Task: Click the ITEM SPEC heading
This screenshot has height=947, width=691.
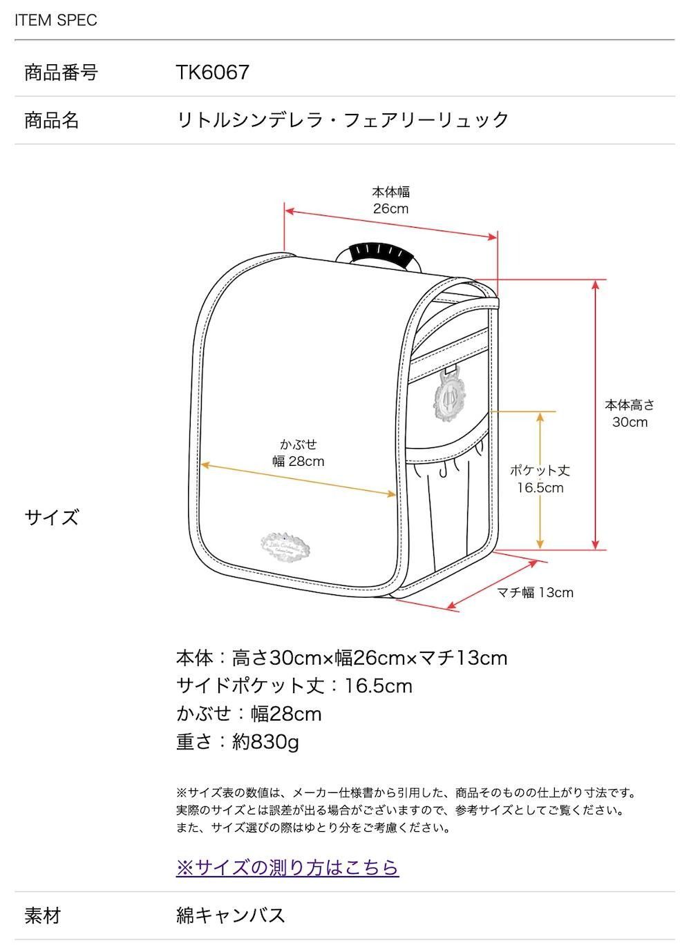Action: tap(56, 20)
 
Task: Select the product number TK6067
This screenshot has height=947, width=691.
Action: tap(212, 72)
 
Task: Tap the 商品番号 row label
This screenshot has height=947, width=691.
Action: tap(61, 72)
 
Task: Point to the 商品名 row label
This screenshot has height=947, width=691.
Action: tap(52, 120)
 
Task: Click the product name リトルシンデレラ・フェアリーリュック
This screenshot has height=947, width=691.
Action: tap(342, 120)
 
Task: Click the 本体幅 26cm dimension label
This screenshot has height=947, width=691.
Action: tap(390, 200)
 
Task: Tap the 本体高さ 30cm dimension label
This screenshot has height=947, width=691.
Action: tap(630, 413)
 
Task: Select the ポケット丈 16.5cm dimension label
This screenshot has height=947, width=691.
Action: tap(540, 479)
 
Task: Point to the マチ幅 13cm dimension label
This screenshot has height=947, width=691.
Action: tap(535, 592)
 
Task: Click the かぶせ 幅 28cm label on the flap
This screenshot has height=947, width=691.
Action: tap(299, 453)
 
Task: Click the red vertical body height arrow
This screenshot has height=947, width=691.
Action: tap(596, 415)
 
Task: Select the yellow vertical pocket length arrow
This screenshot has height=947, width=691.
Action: tap(540, 480)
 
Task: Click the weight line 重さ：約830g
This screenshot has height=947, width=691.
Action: tap(238, 743)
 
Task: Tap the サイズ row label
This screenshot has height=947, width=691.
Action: tap(52, 517)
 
